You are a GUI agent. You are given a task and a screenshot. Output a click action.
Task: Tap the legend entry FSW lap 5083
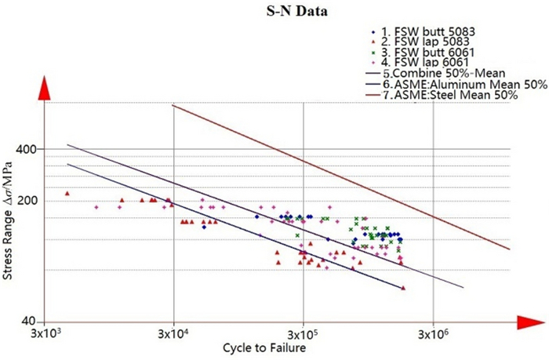428,42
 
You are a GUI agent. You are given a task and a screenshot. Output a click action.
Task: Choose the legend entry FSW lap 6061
428,64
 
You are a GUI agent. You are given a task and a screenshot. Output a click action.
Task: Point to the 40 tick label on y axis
29,322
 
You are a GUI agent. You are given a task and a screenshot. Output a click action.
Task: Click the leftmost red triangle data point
67,193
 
